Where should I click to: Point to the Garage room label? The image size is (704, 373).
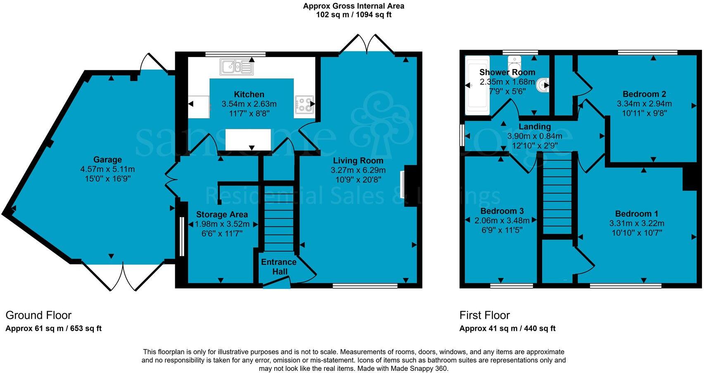[x=107, y=159]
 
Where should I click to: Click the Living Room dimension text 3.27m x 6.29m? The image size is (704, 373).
[x=358, y=170]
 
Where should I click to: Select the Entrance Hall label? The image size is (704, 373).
[x=279, y=266]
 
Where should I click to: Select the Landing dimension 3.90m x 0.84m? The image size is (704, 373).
[x=535, y=136]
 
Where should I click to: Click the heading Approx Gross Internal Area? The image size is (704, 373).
[x=354, y=6]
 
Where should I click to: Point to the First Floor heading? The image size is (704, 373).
[x=485, y=315]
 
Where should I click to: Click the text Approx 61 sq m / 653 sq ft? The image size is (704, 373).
[x=53, y=328]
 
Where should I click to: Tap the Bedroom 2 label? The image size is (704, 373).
[x=644, y=94]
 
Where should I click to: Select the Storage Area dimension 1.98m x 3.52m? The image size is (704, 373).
[x=222, y=224]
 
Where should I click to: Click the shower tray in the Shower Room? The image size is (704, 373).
[x=477, y=86]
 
